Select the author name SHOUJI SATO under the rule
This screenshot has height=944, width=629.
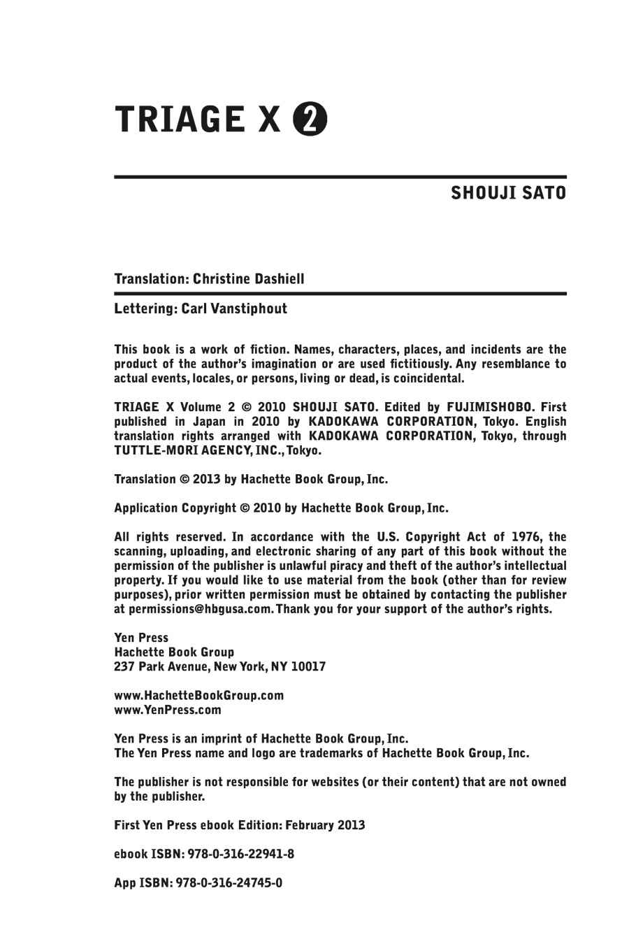tap(508, 192)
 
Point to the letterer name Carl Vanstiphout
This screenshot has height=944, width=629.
tap(234, 308)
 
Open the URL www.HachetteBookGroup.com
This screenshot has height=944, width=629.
tap(198, 695)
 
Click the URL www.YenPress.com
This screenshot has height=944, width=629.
tap(167, 710)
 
